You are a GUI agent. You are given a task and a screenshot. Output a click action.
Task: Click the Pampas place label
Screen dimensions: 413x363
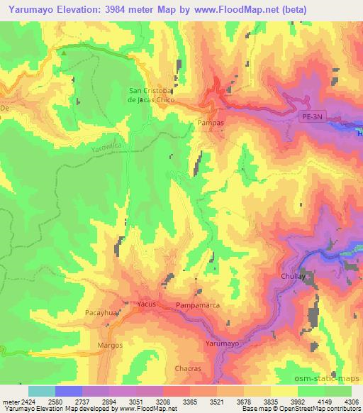[x=211, y=123]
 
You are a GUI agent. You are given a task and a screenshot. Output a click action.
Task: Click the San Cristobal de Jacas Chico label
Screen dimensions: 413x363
[x=150, y=94]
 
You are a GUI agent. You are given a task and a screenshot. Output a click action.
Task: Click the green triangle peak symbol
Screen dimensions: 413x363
[x=63, y=53]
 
